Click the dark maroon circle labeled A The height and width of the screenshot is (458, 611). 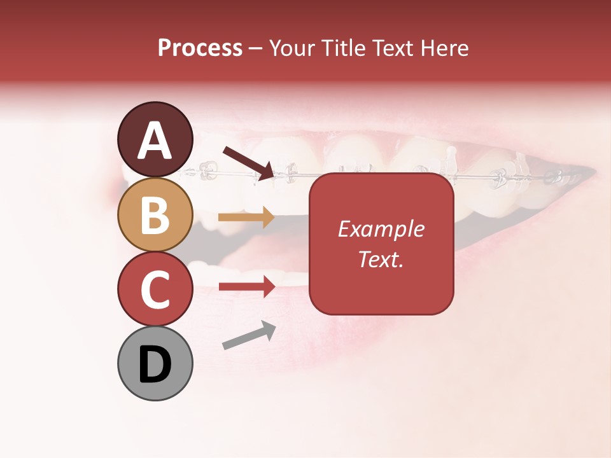pyautogui.click(x=155, y=139)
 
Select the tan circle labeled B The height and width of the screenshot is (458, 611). pyautogui.click(x=155, y=214)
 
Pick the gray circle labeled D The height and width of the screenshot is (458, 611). pyautogui.click(x=155, y=364)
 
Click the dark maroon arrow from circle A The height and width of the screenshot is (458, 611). pyautogui.click(x=249, y=162)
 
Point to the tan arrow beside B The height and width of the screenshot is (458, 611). pyautogui.click(x=246, y=218)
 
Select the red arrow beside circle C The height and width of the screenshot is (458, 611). pyautogui.click(x=246, y=286)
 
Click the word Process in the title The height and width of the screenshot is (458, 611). pyautogui.click(x=200, y=48)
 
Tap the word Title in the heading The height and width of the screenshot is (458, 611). pyautogui.click(x=344, y=48)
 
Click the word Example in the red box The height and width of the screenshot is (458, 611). pyautogui.click(x=381, y=229)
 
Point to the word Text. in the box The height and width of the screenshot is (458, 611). pyautogui.click(x=381, y=259)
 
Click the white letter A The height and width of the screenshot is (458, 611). pyautogui.click(x=155, y=140)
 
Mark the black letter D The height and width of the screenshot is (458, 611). pyautogui.click(x=155, y=364)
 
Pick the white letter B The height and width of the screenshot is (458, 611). pyautogui.click(x=155, y=215)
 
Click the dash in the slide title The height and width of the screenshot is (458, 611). pyautogui.click(x=256, y=49)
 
